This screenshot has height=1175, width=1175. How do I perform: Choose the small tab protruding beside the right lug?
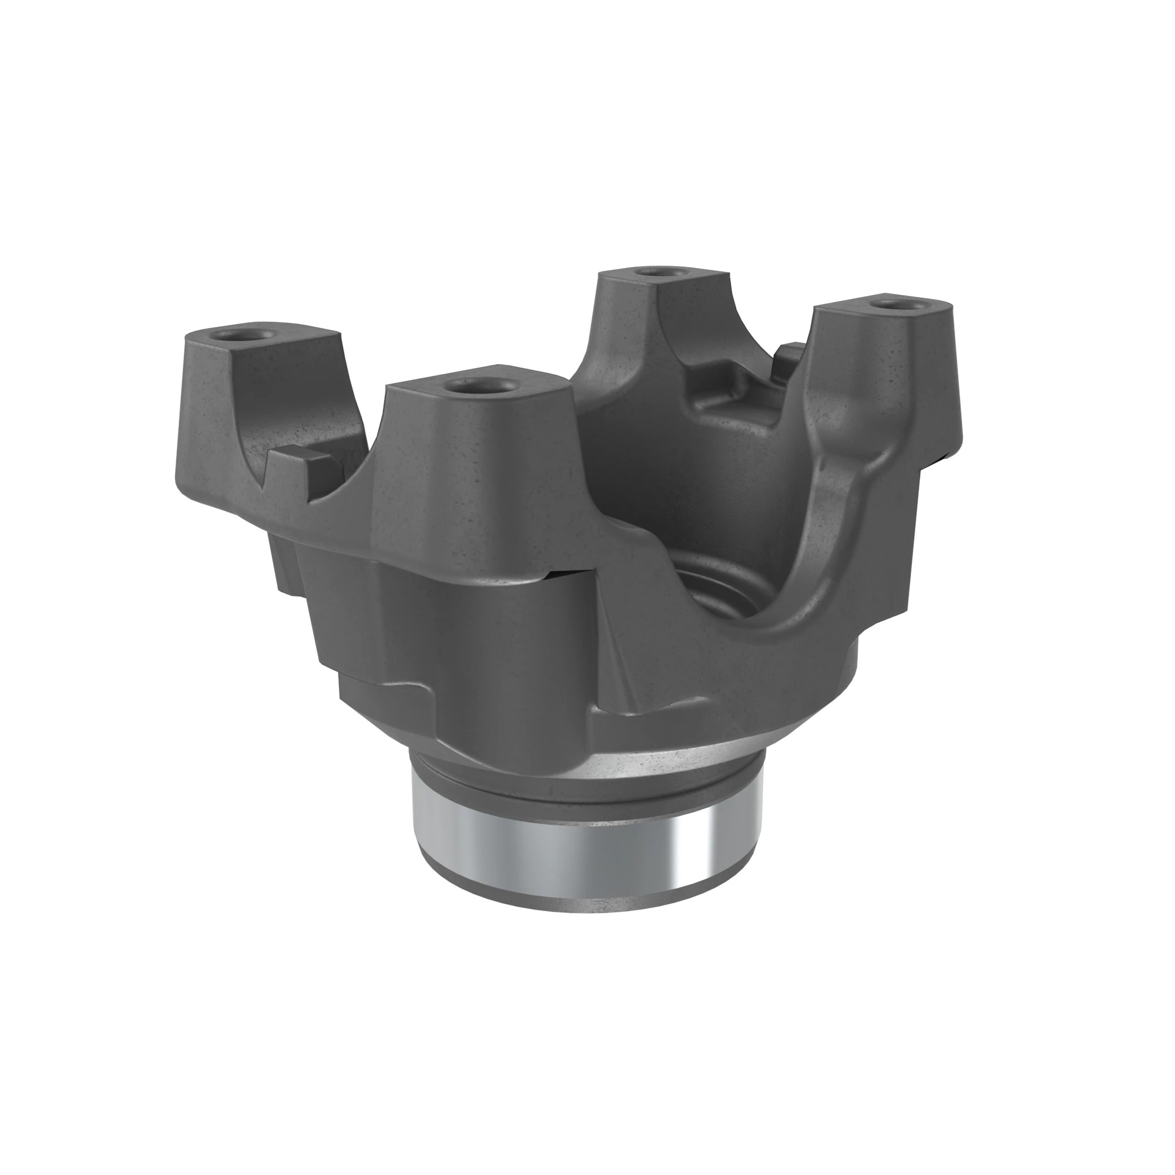point(791,352)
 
